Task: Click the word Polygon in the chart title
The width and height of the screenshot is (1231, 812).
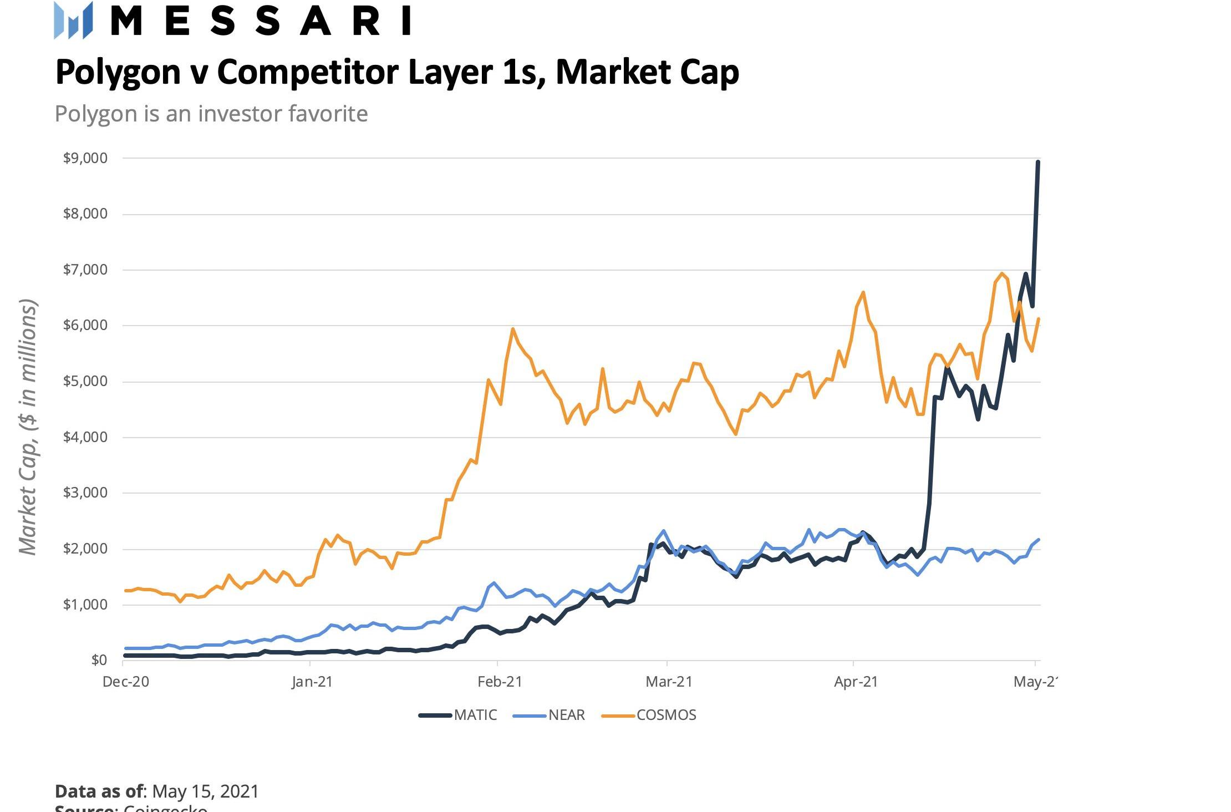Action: [x=118, y=73]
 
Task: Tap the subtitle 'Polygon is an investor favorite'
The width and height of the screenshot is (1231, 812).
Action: [x=211, y=114]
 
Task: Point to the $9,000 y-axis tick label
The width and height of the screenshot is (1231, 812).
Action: [x=85, y=158]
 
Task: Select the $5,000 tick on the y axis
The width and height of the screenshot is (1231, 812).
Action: [x=85, y=382]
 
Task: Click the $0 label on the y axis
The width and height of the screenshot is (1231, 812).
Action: [x=99, y=660]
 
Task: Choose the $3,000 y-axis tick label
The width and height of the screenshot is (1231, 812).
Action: [x=85, y=493]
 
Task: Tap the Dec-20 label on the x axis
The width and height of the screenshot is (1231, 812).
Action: [x=126, y=682]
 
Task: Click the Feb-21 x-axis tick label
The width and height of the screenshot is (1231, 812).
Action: [x=500, y=682]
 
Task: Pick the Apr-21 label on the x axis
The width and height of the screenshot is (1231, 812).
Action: [x=856, y=682]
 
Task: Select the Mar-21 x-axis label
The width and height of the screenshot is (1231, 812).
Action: [x=669, y=682]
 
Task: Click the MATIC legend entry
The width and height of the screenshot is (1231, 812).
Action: [x=475, y=715]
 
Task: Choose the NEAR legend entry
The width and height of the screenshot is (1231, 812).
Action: [x=566, y=715]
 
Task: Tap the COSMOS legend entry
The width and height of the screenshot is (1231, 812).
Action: [x=666, y=715]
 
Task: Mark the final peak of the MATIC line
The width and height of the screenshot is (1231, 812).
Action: [x=1037, y=162]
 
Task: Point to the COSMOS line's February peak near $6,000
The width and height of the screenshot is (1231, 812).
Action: [x=513, y=329]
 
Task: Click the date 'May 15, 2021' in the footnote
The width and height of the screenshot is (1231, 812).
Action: [x=205, y=791]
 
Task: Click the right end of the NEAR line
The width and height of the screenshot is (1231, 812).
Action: [x=1038, y=540]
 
